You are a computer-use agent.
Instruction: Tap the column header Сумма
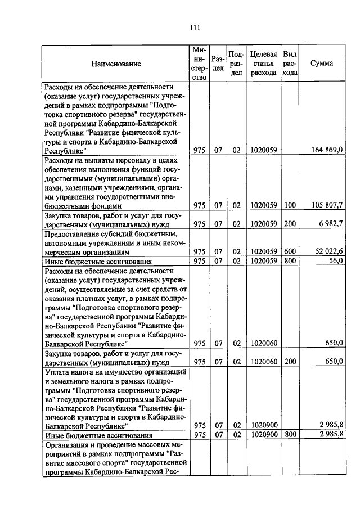pyautogui.click(x=322, y=64)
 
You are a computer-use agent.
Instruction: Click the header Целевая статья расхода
pyautogui.click(x=263, y=64)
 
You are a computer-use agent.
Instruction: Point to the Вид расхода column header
pyautogui.click(x=290, y=64)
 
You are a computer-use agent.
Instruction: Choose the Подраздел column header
pyautogui.click(x=237, y=64)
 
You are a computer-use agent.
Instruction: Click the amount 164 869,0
pyautogui.click(x=327, y=150)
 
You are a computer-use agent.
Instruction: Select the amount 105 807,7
pyautogui.click(x=327, y=205)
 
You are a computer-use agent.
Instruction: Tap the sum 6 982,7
pyautogui.click(x=331, y=224)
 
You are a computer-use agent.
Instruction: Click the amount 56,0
pyautogui.click(x=336, y=261)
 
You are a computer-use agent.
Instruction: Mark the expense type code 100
pyautogui.click(x=290, y=205)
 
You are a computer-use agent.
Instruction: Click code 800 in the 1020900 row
pyautogui.click(x=290, y=435)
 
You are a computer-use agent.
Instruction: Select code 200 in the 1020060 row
pyautogui.click(x=290, y=362)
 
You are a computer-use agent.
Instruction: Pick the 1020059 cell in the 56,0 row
pyautogui.click(x=263, y=261)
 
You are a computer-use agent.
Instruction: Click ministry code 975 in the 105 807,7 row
pyautogui.click(x=199, y=205)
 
